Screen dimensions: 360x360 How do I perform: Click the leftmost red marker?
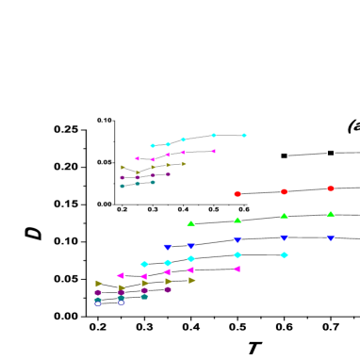click(x=237, y=194)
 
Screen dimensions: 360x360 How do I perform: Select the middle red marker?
click(x=284, y=191)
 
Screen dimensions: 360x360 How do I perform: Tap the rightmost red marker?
click(x=331, y=188)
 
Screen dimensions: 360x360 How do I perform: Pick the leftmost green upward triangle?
click(x=190, y=223)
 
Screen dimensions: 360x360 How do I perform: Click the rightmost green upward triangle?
click(x=330, y=214)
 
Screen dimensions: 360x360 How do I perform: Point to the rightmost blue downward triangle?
click(x=330, y=238)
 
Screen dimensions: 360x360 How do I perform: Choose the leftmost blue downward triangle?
click(x=168, y=247)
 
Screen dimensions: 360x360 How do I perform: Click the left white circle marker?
click(x=98, y=303)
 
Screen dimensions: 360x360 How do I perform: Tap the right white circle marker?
click(x=121, y=303)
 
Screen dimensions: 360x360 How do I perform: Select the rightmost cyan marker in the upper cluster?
click(x=244, y=135)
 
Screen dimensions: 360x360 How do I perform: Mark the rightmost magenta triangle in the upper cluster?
click(x=213, y=151)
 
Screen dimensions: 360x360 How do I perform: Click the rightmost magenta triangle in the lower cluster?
click(x=237, y=269)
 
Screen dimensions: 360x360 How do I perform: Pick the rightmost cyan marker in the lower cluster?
click(x=284, y=254)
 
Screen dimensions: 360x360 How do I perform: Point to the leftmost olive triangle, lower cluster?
click(x=99, y=283)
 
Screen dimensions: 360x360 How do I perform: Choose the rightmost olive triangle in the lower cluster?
click(x=191, y=280)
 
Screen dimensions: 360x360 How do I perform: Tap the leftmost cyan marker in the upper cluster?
click(x=153, y=145)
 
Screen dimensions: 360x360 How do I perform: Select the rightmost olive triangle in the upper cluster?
click(x=184, y=163)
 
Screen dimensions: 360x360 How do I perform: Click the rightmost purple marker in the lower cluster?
click(x=168, y=289)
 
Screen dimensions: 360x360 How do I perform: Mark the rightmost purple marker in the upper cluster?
click(x=169, y=173)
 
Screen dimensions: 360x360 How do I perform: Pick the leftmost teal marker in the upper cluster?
click(x=123, y=186)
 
